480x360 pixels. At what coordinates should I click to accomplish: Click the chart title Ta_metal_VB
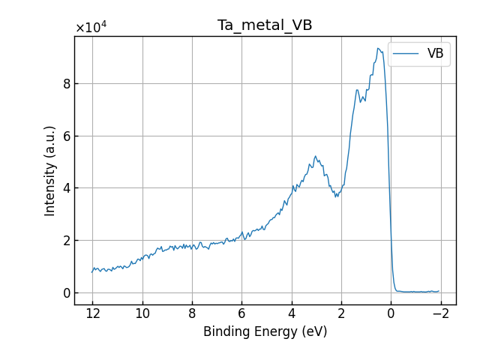[x=265, y=25]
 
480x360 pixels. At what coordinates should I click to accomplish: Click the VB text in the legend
[x=435, y=54]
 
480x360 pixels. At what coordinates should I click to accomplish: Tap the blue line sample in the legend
[x=406, y=54]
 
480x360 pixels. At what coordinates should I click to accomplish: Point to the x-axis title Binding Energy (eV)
[x=265, y=331]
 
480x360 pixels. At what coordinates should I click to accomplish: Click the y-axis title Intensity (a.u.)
[x=50, y=171]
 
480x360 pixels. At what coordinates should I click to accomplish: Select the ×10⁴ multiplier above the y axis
[x=91, y=28]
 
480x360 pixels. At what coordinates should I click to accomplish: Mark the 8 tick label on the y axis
[x=67, y=84]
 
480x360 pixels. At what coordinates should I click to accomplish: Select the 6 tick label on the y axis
[x=67, y=136]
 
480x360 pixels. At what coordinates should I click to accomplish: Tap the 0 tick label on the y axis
[x=67, y=292]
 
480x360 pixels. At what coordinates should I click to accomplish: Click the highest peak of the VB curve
[x=379, y=49]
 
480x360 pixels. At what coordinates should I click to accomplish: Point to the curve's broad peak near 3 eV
[x=316, y=157]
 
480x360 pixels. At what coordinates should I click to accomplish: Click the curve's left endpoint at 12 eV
[x=92, y=272]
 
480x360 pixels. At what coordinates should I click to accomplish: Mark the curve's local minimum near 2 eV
[x=337, y=196]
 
